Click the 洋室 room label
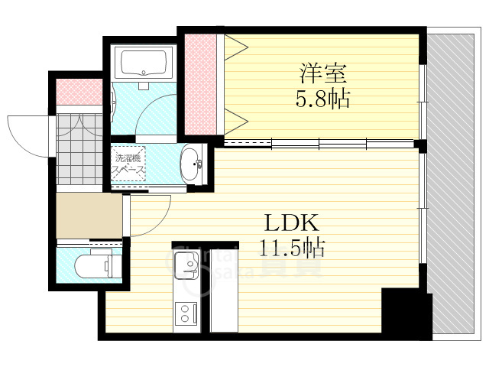pos(323,74)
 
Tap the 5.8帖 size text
pos(323,98)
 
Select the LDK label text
pos(291,223)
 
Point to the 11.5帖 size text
pos(291,247)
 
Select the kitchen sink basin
pos(186,268)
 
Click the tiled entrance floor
pos(79,149)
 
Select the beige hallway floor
pos(89,216)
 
